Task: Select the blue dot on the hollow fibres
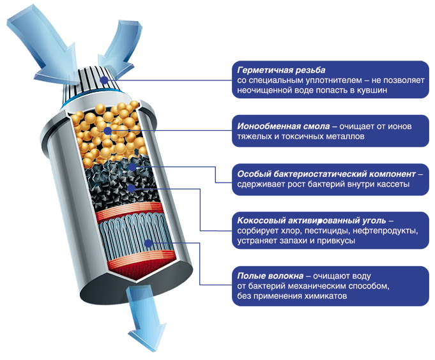click(149, 243)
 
